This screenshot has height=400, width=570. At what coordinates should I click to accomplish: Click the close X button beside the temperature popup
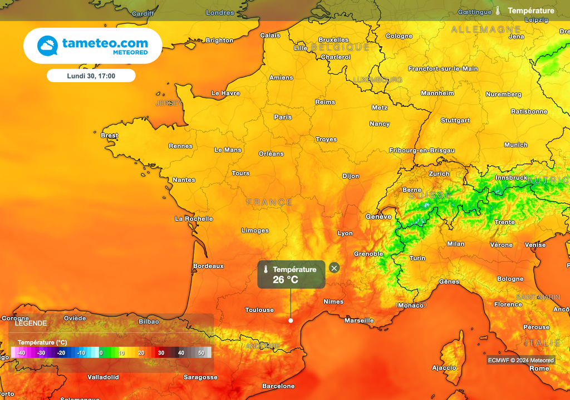click(334, 268)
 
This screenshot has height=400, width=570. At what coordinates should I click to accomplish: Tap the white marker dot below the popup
click(291, 320)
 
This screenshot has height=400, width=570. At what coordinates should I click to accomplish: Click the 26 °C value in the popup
click(285, 280)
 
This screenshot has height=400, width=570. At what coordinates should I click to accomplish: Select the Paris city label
click(283, 117)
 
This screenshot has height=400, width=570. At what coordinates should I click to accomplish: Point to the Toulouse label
click(259, 310)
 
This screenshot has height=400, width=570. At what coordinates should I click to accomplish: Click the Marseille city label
click(359, 320)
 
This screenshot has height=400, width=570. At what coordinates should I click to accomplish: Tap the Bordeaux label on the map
click(208, 266)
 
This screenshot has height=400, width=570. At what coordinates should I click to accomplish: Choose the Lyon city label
click(345, 234)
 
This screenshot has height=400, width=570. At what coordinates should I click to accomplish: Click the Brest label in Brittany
click(109, 136)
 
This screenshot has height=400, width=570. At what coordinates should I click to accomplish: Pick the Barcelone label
click(278, 386)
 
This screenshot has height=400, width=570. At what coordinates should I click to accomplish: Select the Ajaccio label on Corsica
click(444, 368)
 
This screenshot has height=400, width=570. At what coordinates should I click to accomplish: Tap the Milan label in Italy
click(455, 244)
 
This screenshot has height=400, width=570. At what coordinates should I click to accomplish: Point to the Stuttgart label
click(455, 120)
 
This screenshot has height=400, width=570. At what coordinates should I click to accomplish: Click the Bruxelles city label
click(333, 40)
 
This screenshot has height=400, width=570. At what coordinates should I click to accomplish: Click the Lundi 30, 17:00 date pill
click(91, 76)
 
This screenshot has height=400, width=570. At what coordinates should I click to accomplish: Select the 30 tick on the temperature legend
click(161, 353)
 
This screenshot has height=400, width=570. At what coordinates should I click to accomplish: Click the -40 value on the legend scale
click(21, 353)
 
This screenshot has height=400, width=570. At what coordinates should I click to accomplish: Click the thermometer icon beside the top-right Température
click(498, 11)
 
